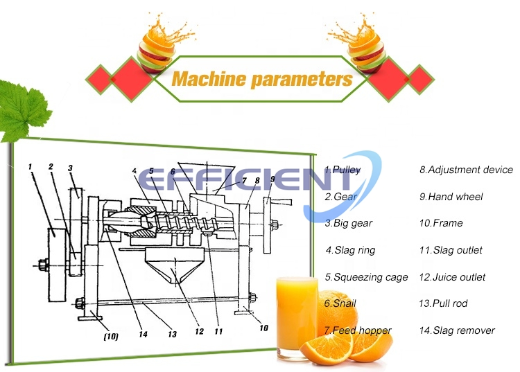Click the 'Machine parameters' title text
[261, 79]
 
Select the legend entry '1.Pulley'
[343, 170]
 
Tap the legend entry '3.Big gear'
[348, 224]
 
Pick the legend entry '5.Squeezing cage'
[366, 277]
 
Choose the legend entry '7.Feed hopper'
[358, 330]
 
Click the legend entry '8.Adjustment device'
[466, 170]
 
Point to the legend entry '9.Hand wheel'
[451, 197]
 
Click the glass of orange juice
[297, 315]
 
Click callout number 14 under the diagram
[143, 334]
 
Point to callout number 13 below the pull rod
[171, 334]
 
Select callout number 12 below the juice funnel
[200, 332]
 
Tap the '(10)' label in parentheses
[110, 337]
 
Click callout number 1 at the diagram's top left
[31, 166]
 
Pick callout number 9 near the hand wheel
[272, 179]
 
